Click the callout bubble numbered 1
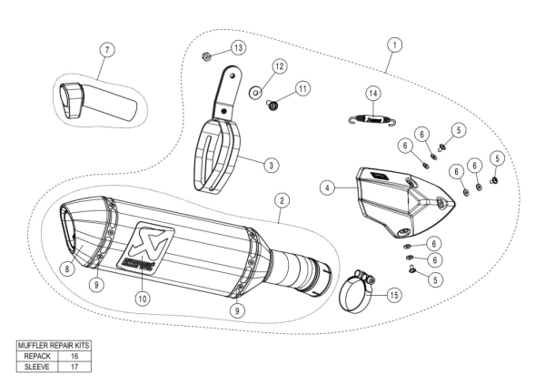pos(393,43)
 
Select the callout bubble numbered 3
pos(271,165)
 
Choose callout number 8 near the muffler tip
pos(67,268)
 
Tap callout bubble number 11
pos(302,87)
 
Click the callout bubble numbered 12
pos(279,66)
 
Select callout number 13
pos(237,46)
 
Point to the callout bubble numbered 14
pos(372,94)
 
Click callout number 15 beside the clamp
pos(393,295)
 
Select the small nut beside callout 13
pos(208,56)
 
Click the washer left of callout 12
pos(256,93)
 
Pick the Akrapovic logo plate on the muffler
pos(144,247)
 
